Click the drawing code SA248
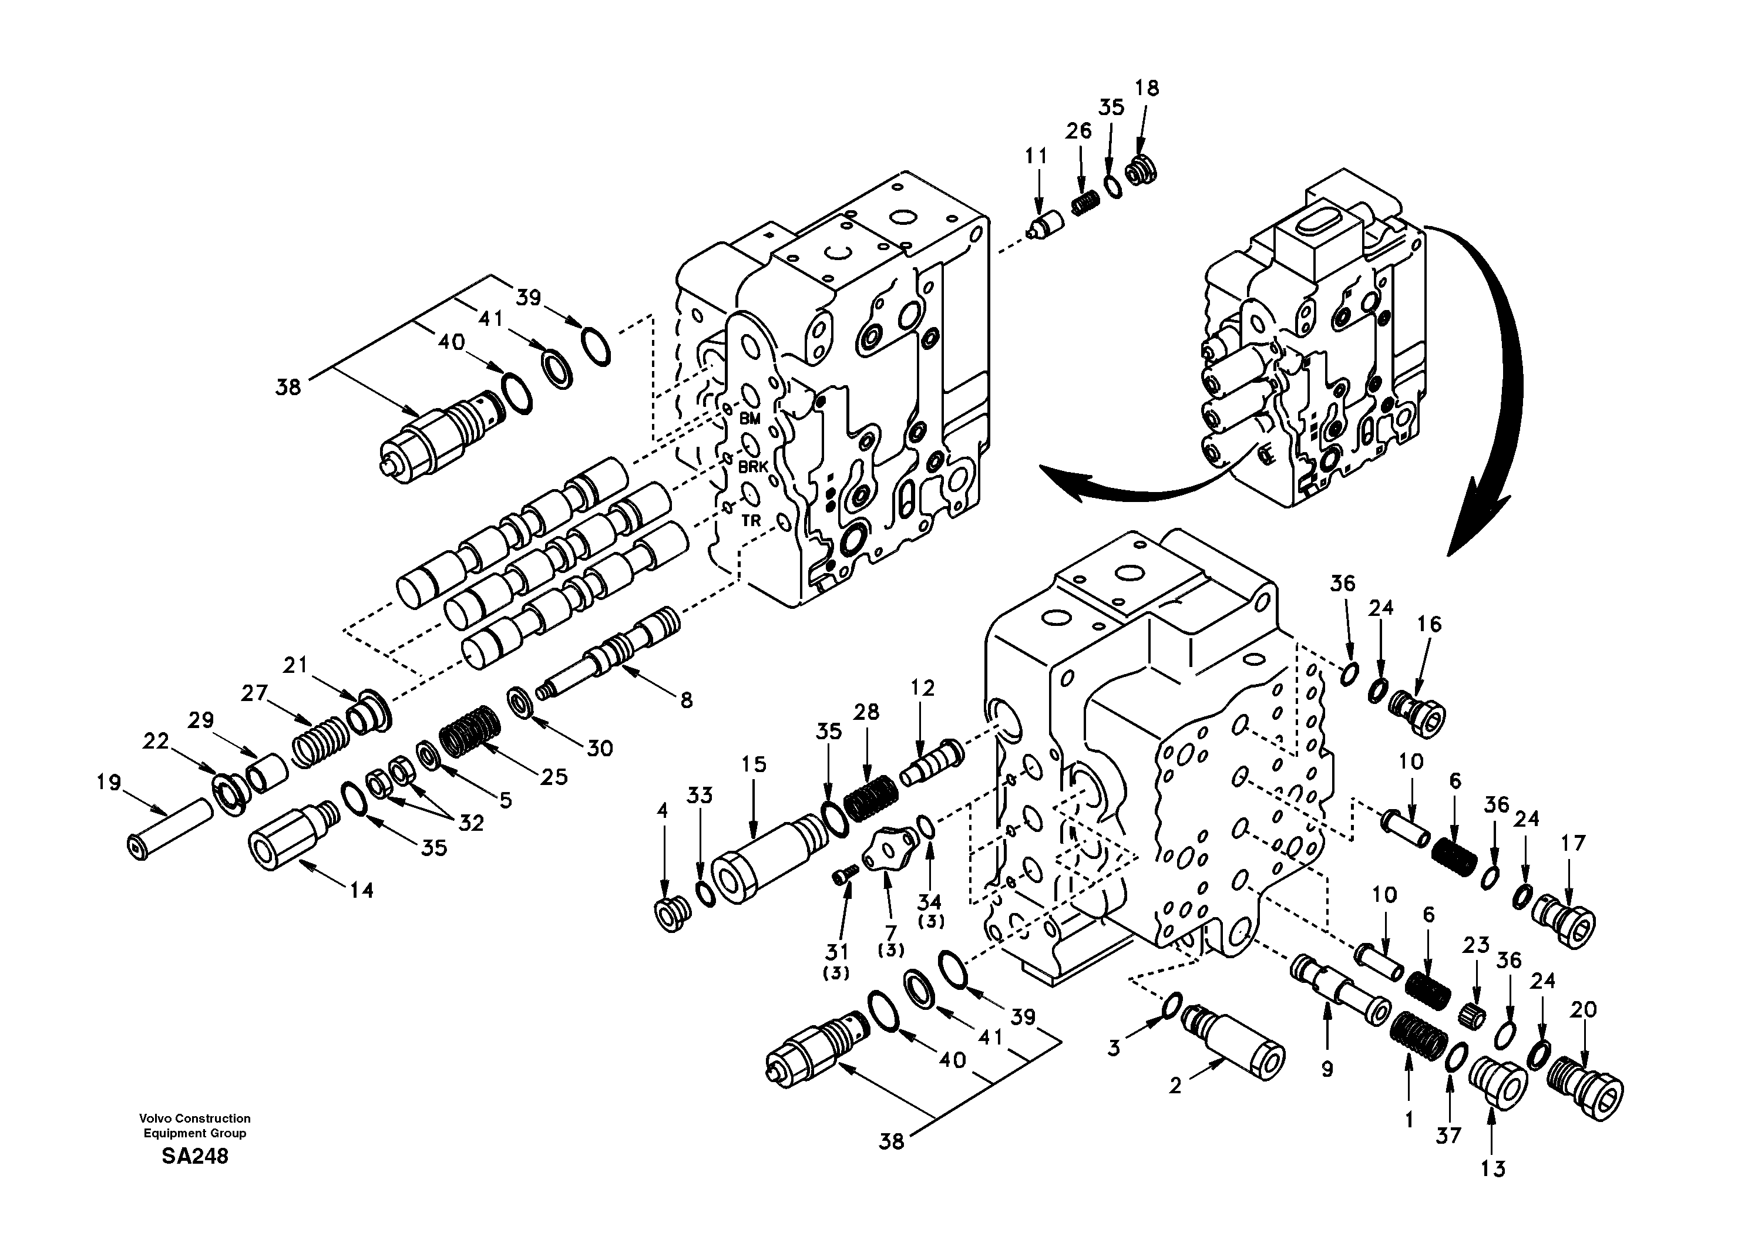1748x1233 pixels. click(194, 1157)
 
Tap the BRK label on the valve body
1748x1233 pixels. click(753, 467)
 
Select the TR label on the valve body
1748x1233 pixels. click(751, 521)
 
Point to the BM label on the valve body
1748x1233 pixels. click(750, 419)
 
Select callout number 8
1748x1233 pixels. click(686, 700)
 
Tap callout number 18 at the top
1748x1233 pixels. click(1147, 88)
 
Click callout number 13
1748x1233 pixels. click(1493, 1168)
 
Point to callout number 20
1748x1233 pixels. click(1583, 1010)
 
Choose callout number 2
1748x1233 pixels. click(1175, 1087)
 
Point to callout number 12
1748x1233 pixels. click(922, 688)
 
